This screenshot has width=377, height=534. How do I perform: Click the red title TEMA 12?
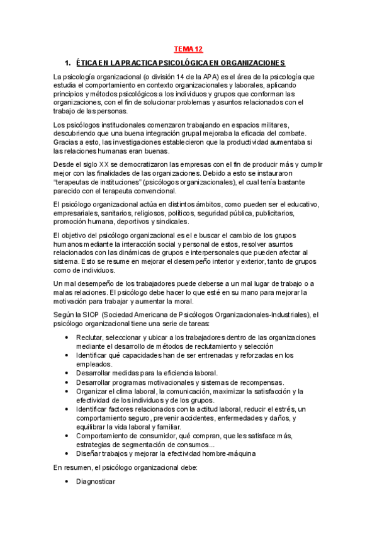point(189,48)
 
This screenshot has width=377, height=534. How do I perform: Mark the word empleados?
point(95,364)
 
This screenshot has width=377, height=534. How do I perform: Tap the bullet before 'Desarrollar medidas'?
point(67,373)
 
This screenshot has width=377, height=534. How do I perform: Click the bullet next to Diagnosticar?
point(67,481)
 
